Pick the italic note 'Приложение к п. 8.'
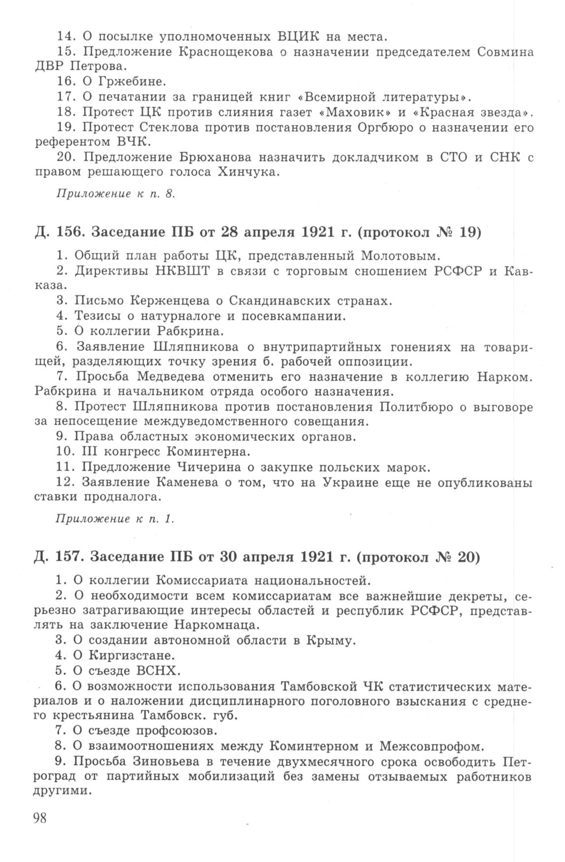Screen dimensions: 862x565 click(116, 194)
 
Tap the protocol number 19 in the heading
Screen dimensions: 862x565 click(467, 232)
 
